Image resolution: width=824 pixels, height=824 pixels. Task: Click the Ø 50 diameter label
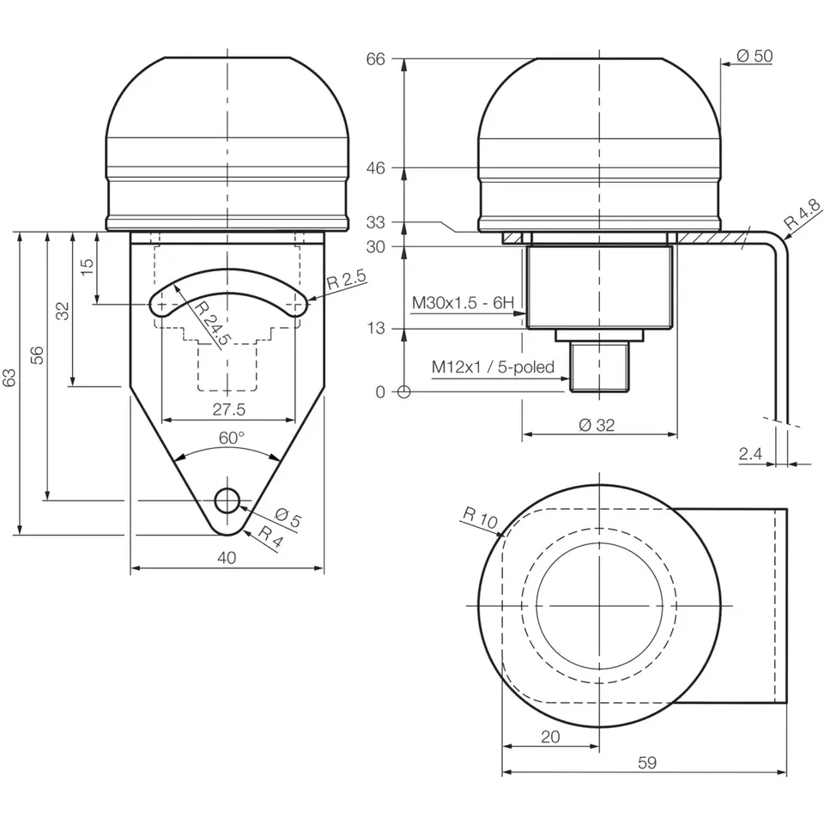pyautogui.click(x=754, y=57)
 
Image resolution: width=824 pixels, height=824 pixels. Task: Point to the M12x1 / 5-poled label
pyautogui.click(x=494, y=367)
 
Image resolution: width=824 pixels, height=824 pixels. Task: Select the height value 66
pyautogui.click(x=376, y=58)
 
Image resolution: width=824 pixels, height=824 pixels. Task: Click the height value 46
pyautogui.click(x=376, y=168)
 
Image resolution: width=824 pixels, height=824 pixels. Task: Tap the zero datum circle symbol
pyautogui.click(x=404, y=392)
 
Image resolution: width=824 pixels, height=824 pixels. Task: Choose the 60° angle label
pyautogui.click(x=229, y=438)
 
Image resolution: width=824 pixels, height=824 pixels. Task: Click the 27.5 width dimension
pyautogui.click(x=227, y=409)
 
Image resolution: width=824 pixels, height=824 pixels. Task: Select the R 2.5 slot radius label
pyautogui.click(x=347, y=280)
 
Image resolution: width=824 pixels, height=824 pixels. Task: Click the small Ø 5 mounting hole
pyautogui.click(x=227, y=500)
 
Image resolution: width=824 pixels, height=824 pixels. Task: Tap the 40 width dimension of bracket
pyautogui.click(x=227, y=557)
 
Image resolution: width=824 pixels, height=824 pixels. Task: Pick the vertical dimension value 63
pyautogui.click(x=9, y=379)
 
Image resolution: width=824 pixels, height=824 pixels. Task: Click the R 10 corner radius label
pyautogui.click(x=480, y=517)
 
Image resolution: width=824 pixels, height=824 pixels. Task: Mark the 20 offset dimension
pyautogui.click(x=550, y=736)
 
